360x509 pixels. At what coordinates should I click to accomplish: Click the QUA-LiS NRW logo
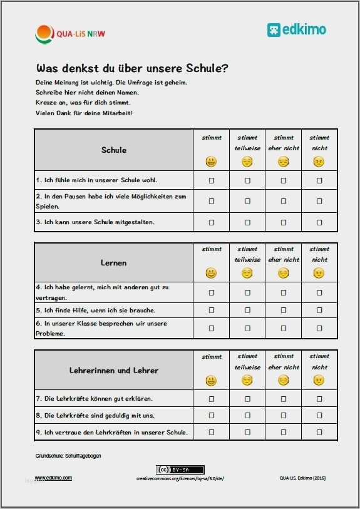coord(69,33)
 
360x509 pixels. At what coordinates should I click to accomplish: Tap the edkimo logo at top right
coord(297,29)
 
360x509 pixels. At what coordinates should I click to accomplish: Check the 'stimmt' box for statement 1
coord(212,180)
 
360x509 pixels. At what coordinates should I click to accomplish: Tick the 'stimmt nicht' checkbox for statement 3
coord(319,222)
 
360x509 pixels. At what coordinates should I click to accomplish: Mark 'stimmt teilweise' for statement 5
coord(247,310)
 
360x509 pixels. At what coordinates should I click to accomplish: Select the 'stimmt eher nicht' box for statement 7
coord(284,398)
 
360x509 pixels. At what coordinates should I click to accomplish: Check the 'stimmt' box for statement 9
coord(212,432)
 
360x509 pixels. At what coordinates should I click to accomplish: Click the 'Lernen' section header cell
coord(113,263)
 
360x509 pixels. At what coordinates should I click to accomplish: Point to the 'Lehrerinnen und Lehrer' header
coord(113,370)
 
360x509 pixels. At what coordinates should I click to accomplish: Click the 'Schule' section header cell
coord(113,150)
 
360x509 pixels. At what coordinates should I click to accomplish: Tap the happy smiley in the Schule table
coord(212,162)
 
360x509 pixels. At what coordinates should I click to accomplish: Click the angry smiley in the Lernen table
coord(319,272)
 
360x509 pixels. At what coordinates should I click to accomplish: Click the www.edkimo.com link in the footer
coord(53,478)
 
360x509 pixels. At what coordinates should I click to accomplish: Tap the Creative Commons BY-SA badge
coord(180,470)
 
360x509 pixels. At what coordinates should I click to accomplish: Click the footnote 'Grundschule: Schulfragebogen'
coord(68,456)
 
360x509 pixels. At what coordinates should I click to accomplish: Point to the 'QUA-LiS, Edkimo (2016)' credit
coord(302,478)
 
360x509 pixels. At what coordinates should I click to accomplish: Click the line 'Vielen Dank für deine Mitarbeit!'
coord(85,113)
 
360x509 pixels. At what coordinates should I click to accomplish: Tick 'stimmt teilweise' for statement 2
coord(247,201)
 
